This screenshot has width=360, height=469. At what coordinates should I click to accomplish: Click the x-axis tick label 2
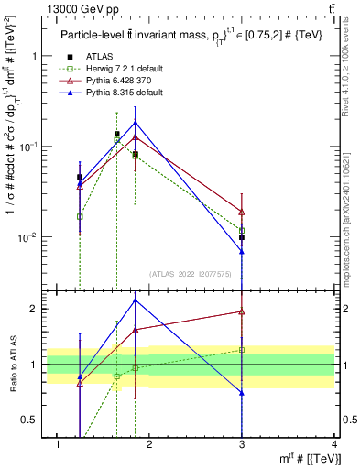149,444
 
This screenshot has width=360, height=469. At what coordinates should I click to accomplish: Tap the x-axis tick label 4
334,444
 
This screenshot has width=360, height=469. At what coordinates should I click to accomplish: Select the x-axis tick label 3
242,444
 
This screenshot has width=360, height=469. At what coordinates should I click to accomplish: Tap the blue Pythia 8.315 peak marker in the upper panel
136,122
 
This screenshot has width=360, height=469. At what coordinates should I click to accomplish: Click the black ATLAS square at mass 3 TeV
242,237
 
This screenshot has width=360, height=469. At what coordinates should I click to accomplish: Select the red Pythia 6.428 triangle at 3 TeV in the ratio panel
242,311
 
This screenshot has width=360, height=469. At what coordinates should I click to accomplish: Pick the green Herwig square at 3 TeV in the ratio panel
242,350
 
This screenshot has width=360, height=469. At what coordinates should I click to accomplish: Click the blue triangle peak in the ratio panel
136,300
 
